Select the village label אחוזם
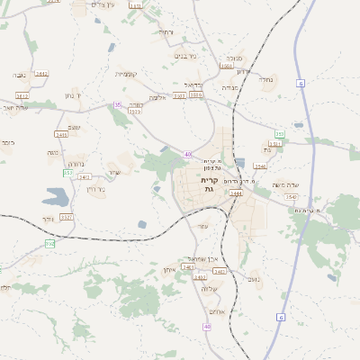coord(216,312)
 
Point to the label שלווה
coord(211,288)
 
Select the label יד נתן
coord(74,94)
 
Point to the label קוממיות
coord(125,73)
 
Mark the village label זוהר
coord(47,219)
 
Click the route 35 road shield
coord(117,105)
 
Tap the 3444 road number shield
coord(236,193)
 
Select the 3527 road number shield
coord(66,217)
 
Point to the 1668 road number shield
coord(226,66)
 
